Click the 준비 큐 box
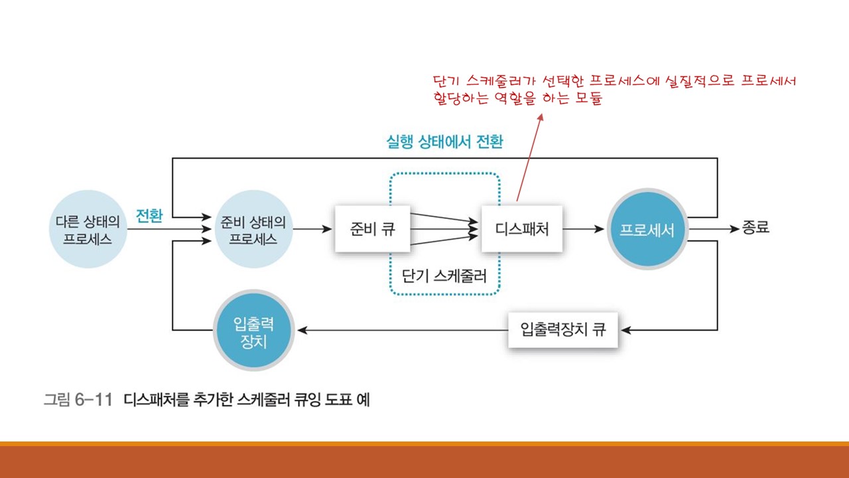tap(371, 230)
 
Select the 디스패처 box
tap(522, 230)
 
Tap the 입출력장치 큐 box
tap(562, 329)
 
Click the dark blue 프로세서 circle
tap(647, 230)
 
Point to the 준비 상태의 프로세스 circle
tap(252, 230)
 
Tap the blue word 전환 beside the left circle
tap(149, 216)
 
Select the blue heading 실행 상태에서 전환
tap(444, 142)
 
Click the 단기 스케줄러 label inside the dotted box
tap(444, 276)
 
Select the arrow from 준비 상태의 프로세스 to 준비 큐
tap(312, 230)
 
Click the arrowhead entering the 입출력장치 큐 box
tap(625, 329)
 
